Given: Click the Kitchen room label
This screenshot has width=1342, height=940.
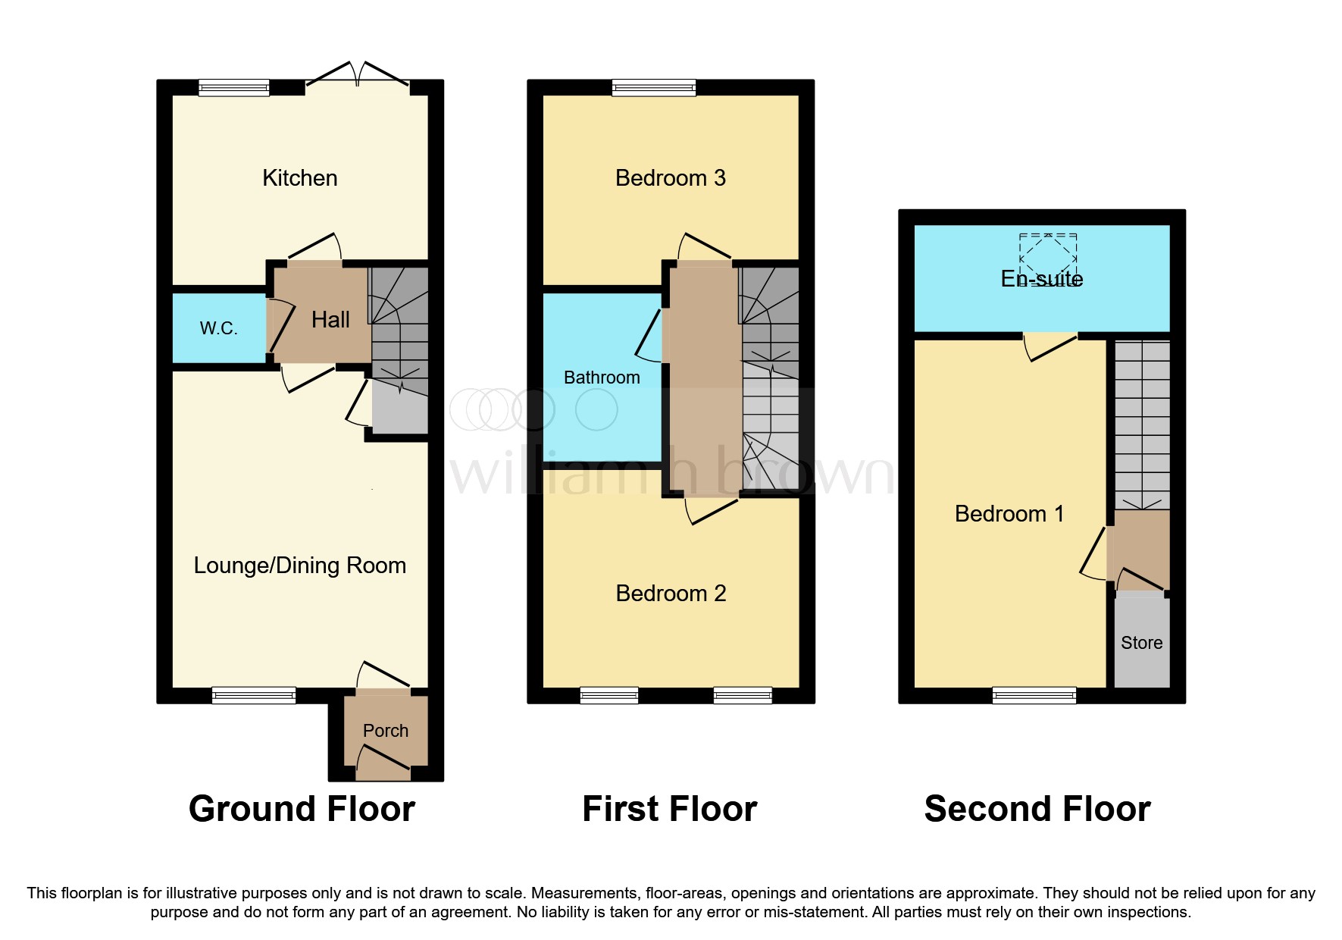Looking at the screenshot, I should tap(299, 178).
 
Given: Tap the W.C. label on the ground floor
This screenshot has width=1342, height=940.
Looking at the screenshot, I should tap(218, 328).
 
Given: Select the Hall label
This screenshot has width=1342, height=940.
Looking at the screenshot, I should tap(330, 320).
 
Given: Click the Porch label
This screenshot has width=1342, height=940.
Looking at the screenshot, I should tap(385, 731).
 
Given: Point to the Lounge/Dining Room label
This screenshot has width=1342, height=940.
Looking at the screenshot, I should tap(299, 566).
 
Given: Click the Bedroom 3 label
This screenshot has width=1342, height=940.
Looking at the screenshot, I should tap(670, 178).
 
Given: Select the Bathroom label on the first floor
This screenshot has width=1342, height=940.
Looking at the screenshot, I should tap(602, 378).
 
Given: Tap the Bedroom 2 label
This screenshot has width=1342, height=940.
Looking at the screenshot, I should tap(670, 594).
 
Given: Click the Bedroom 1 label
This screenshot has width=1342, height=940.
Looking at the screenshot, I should tap(1009, 514).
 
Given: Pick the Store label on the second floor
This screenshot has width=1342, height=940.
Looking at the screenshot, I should tap(1141, 643).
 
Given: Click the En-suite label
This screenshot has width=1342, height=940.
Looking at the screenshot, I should tap(1041, 280).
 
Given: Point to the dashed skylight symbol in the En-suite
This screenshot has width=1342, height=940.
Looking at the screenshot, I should tap(1048, 253).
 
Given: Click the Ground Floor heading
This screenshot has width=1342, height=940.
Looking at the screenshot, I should tap(302, 809).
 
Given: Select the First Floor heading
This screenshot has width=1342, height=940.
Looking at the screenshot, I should tap(669, 809).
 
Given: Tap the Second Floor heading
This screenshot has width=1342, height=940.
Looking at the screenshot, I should tap(1037, 809).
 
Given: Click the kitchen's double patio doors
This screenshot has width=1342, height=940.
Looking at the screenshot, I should tap(358, 76).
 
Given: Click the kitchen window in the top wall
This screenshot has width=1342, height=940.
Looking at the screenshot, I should tap(233, 88).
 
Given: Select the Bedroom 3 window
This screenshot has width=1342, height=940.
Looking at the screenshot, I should tap(654, 88).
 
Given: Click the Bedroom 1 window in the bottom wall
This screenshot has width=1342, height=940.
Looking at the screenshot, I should tap(1034, 695).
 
